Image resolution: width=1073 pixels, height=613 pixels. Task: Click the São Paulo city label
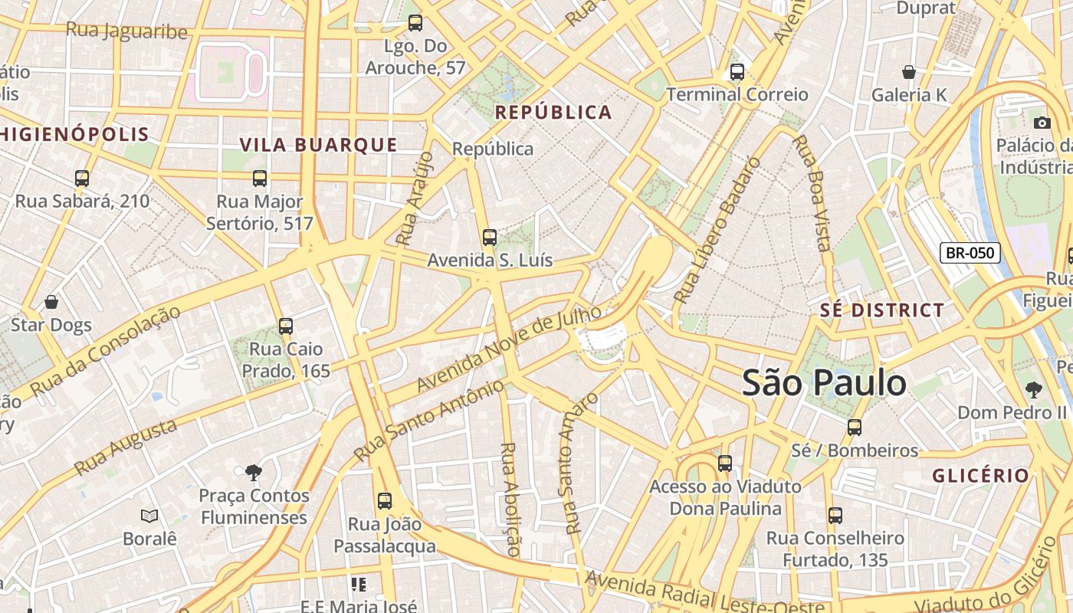[824, 382]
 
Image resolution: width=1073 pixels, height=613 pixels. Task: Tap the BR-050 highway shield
[970, 253]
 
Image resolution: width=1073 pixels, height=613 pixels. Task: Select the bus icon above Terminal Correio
[737, 72]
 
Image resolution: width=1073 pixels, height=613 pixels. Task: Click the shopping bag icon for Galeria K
[909, 73]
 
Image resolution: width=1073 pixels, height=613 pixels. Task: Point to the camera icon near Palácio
[1042, 123]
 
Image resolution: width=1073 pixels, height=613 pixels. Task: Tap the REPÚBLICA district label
[553, 113]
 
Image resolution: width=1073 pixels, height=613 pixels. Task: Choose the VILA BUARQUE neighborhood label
[318, 145]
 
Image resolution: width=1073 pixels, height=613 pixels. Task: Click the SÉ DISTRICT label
[882, 310]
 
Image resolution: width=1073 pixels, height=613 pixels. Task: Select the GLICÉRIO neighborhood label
[981, 475]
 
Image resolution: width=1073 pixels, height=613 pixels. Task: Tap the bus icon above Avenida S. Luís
[490, 238]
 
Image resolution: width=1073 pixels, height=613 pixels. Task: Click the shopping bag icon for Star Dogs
[51, 302]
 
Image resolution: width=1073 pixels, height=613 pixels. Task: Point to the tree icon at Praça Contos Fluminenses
[253, 473]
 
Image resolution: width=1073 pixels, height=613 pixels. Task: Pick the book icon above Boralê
[149, 516]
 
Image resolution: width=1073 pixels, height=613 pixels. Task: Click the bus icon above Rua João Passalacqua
[385, 501]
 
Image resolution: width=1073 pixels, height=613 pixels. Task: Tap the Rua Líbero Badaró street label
[717, 230]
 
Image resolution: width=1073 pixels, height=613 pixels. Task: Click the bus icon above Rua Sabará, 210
[82, 179]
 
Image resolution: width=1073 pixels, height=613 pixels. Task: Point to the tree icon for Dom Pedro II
[1034, 390]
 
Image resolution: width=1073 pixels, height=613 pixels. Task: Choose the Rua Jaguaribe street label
[126, 31]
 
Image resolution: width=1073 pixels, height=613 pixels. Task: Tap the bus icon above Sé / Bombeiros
[855, 428]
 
